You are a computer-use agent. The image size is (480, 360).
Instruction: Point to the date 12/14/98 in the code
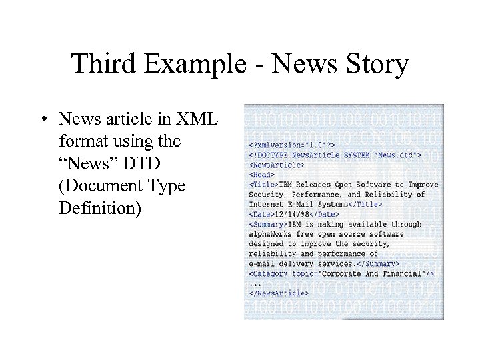coord(291,214)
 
